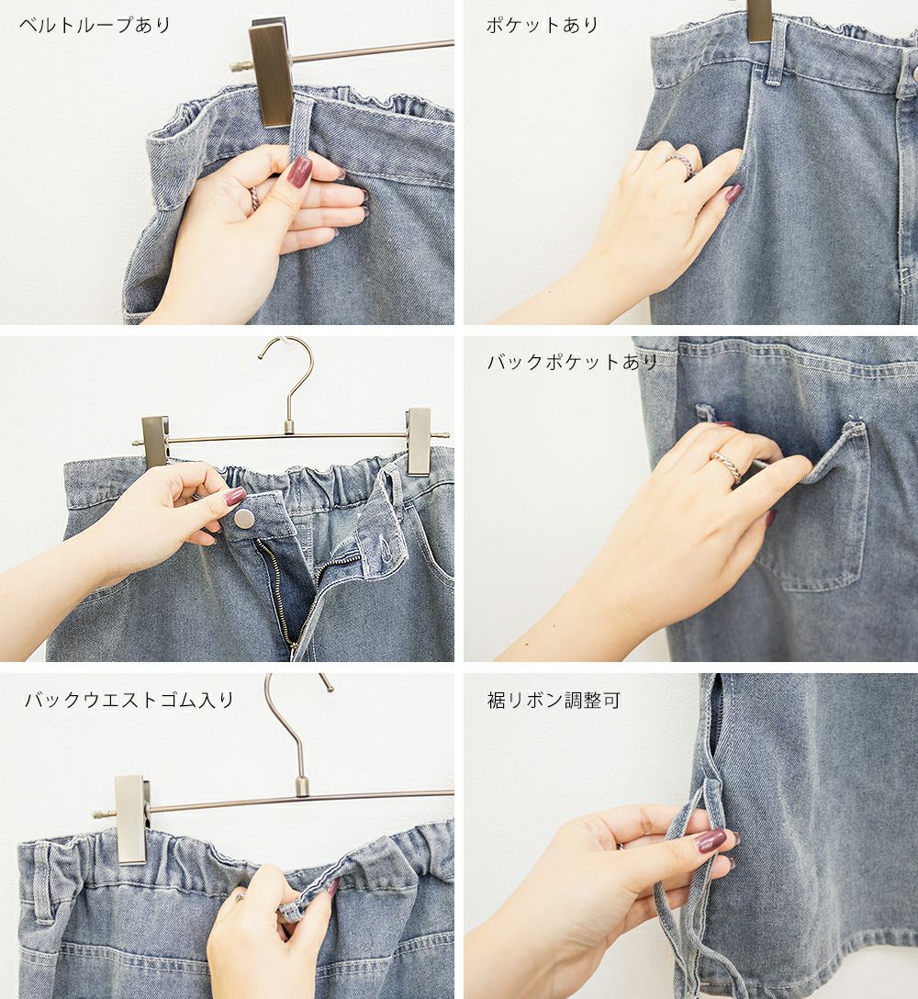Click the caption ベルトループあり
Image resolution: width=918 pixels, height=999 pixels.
click(95, 25)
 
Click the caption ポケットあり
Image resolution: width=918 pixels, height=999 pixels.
click(543, 25)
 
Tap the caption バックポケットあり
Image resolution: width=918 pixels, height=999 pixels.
click(572, 362)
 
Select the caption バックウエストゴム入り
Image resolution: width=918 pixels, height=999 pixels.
click(129, 700)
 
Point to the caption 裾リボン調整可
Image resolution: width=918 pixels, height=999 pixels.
click(553, 701)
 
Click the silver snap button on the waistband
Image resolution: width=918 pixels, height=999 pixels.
click(244, 519)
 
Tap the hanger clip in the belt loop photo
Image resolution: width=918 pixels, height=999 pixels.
click(272, 72)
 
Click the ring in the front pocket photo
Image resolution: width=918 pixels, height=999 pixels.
click(682, 163)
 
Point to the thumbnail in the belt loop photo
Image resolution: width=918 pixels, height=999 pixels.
click(298, 172)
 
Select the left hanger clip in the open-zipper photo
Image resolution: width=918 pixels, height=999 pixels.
click(155, 441)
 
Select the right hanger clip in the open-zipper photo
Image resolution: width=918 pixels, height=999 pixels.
click(420, 441)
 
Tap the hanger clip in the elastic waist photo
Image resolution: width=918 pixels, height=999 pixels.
click(132, 819)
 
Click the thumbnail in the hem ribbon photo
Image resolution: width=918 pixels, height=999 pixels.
click(709, 840)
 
